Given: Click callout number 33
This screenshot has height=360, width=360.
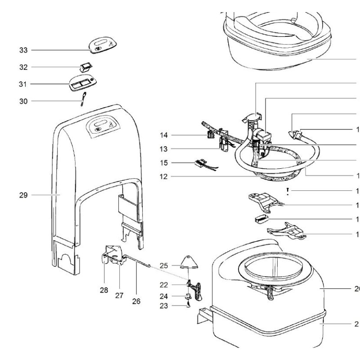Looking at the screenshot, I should [23, 50].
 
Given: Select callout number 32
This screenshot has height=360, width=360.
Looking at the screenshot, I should [23, 67].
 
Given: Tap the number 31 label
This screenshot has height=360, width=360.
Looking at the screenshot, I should [23, 84].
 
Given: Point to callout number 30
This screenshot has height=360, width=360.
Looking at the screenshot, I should [23, 101].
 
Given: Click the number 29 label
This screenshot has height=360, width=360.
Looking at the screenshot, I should [23, 195].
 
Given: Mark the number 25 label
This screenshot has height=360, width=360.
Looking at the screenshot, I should [165, 266].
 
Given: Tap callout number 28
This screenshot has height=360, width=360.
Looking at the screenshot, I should [104, 291].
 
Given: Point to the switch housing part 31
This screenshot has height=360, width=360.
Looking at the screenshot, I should [82, 84].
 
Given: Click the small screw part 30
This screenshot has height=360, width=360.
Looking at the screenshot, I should [83, 99].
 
